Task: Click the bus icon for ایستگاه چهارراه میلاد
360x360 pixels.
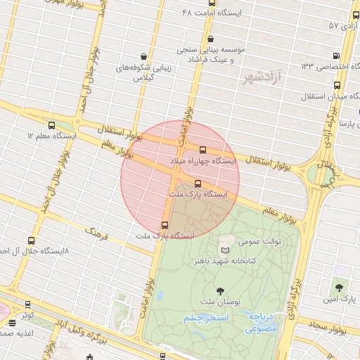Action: pos(203,150)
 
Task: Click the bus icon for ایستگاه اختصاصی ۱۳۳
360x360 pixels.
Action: pos(335,56)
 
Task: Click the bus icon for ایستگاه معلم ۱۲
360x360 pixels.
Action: pos(52,125)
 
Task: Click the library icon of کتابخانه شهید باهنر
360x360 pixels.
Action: pos(225,250)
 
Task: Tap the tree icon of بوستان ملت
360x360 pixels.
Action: pos(221,290)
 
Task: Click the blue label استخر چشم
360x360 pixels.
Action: pos(205,319)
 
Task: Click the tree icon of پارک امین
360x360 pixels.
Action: pos(340,288)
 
